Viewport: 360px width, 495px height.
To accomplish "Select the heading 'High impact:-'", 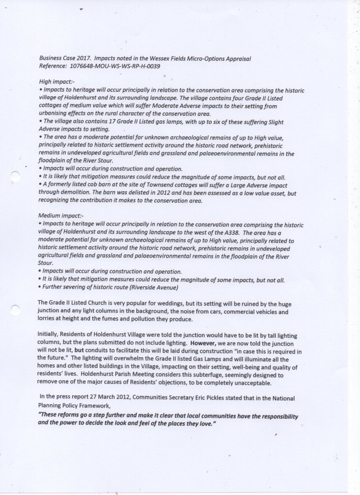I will click(55, 82).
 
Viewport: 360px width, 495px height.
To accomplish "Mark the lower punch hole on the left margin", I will click(15, 308).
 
